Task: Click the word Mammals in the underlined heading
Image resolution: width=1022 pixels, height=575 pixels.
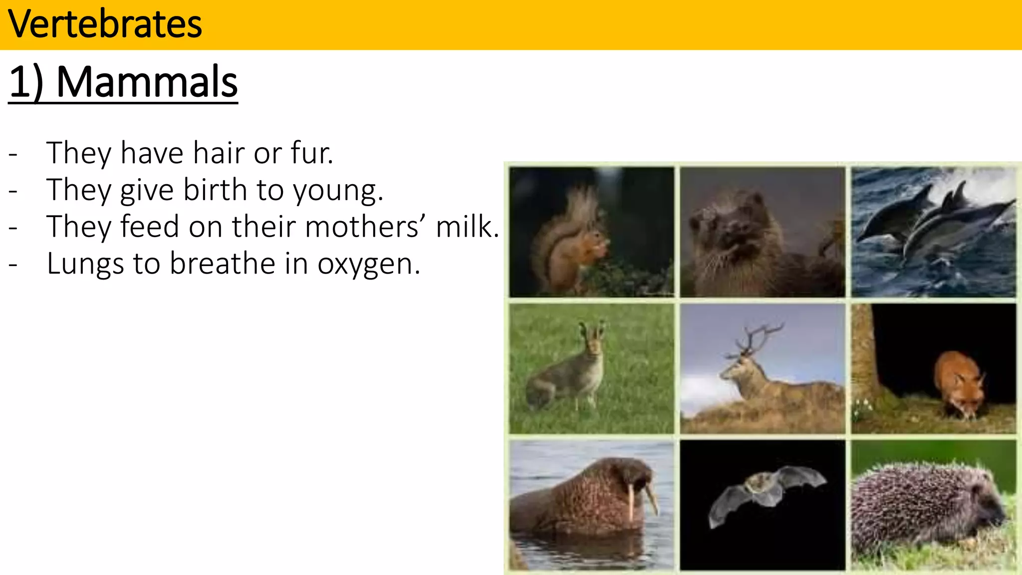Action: [x=147, y=82]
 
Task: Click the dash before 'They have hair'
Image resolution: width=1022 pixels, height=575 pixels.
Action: [x=13, y=154]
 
